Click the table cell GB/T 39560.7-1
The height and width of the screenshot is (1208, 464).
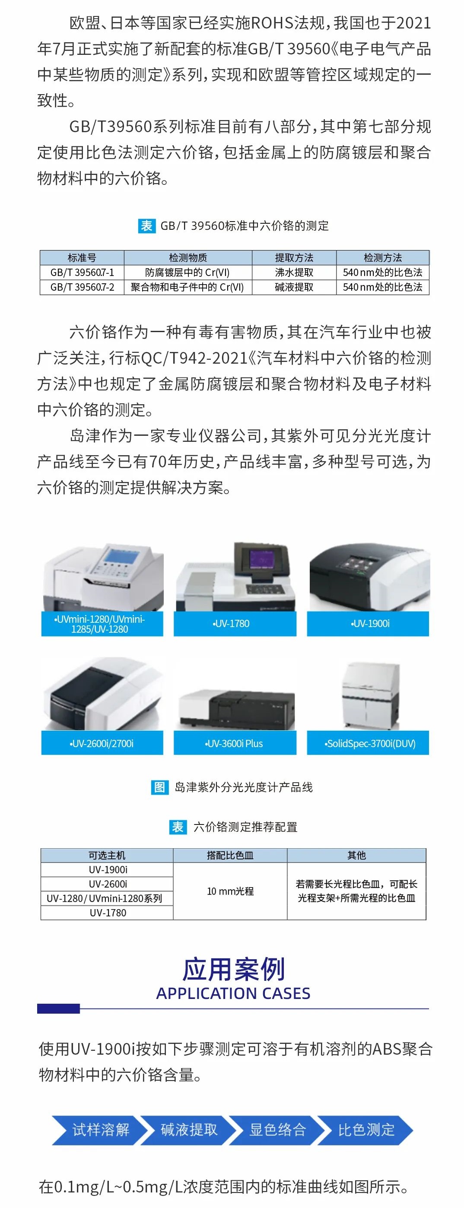click(x=82, y=273)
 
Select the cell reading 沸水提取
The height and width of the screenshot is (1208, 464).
click(x=294, y=273)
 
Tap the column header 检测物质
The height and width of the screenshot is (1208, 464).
click(x=188, y=257)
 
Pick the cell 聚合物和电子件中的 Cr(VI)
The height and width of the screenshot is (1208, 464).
click(x=188, y=287)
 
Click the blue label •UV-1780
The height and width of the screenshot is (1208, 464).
click(x=235, y=624)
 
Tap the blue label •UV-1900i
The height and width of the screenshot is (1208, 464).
click(x=368, y=624)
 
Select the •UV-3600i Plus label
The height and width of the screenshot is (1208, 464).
click(x=235, y=743)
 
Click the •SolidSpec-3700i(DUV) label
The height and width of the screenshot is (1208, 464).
click(x=368, y=743)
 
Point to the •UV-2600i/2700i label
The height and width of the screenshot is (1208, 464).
click(x=102, y=743)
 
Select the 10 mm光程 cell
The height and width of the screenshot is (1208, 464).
click(x=230, y=891)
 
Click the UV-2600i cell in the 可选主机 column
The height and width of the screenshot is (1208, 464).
click(x=108, y=884)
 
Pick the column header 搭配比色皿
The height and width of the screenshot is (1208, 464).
click(x=230, y=855)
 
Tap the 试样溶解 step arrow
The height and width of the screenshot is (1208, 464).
click(x=96, y=1130)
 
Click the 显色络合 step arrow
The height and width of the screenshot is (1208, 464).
click(x=277, y=1130)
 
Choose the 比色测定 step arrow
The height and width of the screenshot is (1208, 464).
click(x=366, y=1130)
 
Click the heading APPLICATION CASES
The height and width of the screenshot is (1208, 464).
click(x=233, y=994)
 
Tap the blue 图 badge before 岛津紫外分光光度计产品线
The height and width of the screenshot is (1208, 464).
click(x=159, y=787)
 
